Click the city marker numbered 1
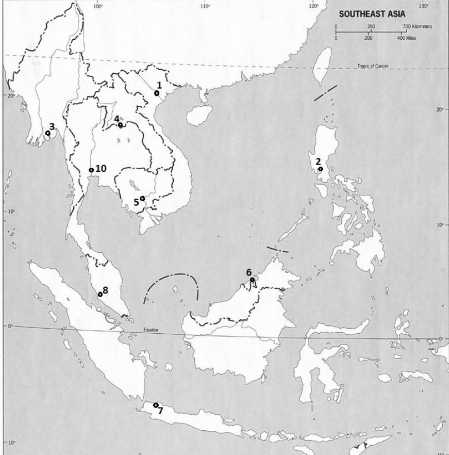click(157, 93)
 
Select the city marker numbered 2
click(320, 169)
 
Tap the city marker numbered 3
click(48, 133)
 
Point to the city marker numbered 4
click(120, 125)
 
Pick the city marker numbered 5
click(142, 199)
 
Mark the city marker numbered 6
click(252, 280)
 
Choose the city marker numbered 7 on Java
click(156, 405)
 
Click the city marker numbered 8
click(100, 295)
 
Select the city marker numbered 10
click(91, 170)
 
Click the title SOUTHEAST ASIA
click(372, 14)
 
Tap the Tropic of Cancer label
click(373, 66)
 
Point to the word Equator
click(152, 330)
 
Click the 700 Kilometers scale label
click(417, 26)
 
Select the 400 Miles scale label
click(407, 38)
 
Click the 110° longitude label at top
click(205, 6)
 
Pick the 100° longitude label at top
click(98, 6)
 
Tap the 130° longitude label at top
click(424, 6)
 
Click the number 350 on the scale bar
click(371, 26)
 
